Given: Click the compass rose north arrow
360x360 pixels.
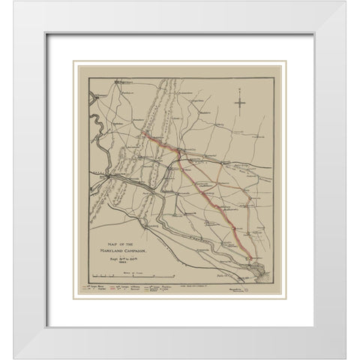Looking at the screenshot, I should tap(240, 101).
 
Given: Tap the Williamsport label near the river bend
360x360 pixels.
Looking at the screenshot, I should tap(97, 97).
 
